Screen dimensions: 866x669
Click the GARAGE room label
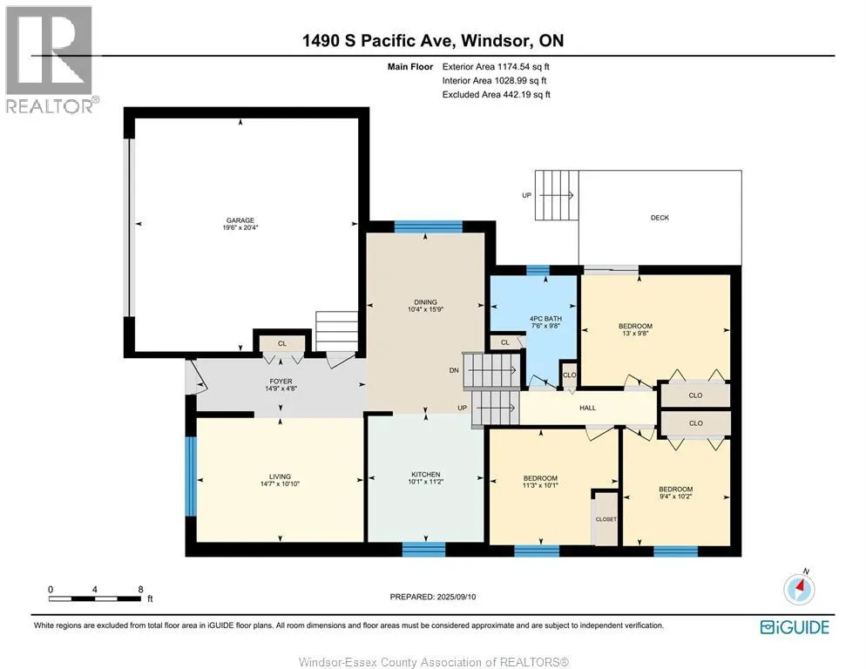point(240,220)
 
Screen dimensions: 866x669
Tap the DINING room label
point(425,302)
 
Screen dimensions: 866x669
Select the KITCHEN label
point(425,475)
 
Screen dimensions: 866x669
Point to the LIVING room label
point(280,476)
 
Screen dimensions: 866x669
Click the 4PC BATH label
point(545,319)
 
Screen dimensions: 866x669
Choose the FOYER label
point(281,382)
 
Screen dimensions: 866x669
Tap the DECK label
point(660,218)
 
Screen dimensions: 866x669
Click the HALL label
point(587,408)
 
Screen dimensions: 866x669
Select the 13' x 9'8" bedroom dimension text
point(635,333)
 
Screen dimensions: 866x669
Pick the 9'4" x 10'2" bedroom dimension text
point(675,496)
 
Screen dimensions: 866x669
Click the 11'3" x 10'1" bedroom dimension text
point(540,485)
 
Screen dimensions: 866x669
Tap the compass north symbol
point(799,588)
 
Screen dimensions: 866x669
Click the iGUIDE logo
point(795,627)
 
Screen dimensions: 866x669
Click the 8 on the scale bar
point(141,590)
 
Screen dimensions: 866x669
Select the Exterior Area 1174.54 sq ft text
point(496,67)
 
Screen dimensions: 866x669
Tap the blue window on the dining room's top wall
point(428,226)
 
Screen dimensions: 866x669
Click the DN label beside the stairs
point(454,370)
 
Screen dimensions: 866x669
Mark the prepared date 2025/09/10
point(456,597)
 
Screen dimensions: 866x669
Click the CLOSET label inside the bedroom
point(606,519)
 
